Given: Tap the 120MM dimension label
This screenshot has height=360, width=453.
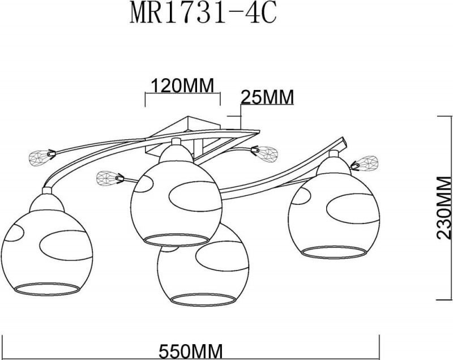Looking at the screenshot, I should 181,86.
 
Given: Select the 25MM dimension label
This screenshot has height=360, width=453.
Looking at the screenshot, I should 267,97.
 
